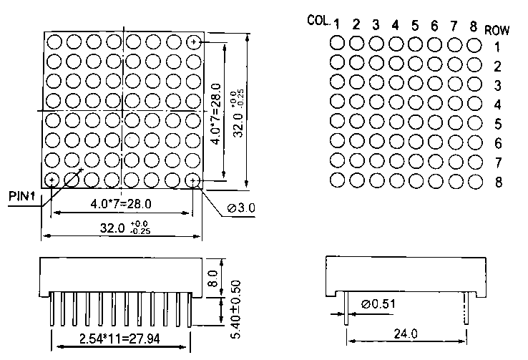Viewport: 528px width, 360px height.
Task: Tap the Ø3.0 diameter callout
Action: point(241,208)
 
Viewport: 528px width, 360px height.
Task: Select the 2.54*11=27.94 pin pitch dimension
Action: point(119,338)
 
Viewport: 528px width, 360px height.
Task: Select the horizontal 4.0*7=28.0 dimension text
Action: point(121,204)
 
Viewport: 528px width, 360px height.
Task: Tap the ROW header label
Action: point(497,30)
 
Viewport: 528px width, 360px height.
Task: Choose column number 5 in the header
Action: point(415,26)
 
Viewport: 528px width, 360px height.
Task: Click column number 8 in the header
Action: point(473,26)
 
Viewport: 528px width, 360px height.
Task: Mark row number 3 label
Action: point(497,86)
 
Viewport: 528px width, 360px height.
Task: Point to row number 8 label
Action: point(497,183)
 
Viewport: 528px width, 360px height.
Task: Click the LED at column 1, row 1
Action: point(337,43)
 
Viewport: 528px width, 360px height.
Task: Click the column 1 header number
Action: point(336,26)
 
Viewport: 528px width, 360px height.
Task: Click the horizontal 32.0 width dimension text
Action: point(115,228)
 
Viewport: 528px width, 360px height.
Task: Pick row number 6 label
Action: point(497,144)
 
